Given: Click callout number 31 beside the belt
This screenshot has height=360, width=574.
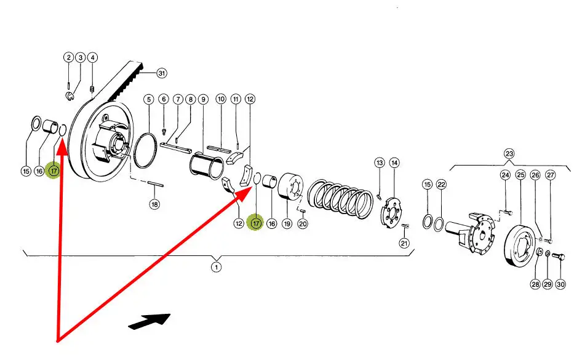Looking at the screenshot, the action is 162,73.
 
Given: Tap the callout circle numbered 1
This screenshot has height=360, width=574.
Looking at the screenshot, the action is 216,267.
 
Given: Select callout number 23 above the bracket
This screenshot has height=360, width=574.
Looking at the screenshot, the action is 509,153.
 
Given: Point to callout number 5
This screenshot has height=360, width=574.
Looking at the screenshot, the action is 148,99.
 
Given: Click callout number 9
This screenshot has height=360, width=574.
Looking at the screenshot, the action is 204,99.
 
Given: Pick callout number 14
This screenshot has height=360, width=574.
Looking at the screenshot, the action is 394,162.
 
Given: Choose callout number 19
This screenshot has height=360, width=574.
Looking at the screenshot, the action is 287,224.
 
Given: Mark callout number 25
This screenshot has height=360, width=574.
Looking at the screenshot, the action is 520,175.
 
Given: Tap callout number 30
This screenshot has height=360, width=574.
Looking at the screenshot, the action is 560,284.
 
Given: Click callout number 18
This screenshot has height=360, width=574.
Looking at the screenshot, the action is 154,204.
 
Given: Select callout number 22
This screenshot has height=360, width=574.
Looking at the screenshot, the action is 440,185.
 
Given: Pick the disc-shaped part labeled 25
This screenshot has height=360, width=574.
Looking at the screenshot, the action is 522,245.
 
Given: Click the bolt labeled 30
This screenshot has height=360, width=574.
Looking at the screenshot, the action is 559,256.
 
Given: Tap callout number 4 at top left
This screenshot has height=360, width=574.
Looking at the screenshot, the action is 92,58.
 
